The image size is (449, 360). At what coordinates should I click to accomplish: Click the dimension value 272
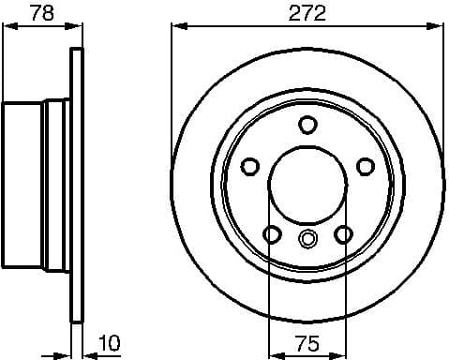tap(307, 14)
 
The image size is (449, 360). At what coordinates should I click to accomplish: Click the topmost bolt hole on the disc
tap(307, 124)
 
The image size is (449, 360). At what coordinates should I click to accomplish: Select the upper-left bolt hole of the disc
tap(250, 166)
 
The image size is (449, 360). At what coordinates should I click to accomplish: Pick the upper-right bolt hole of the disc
tap(365, 166)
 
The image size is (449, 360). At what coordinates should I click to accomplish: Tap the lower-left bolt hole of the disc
tap(272, 233)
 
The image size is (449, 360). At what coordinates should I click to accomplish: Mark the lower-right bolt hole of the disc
tap(343, 233)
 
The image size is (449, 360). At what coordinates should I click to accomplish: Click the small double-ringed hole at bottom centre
tap(307, 239)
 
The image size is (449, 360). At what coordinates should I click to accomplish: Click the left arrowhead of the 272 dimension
tap(176, 27)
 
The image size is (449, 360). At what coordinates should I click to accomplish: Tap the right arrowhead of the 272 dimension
tap(439, 27)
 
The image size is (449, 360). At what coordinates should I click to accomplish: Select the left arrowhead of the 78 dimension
tap(6, 27)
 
